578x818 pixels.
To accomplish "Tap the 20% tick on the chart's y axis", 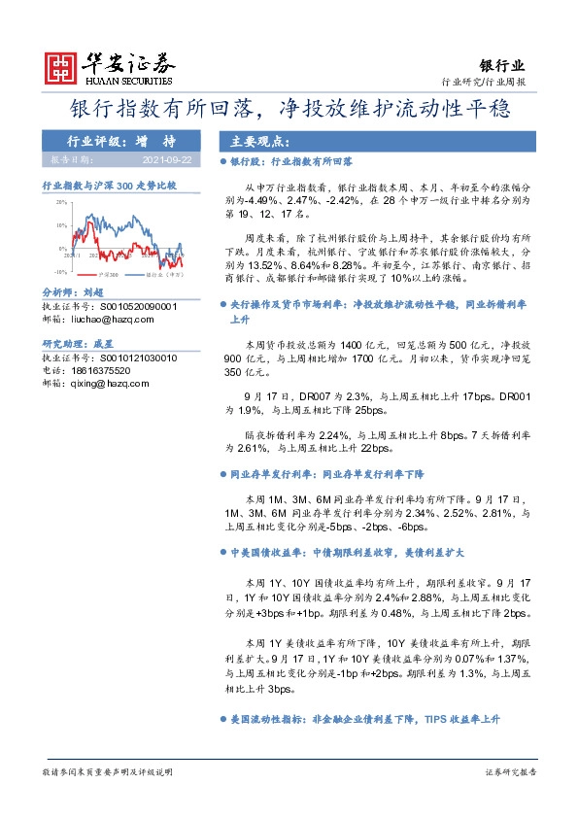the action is point(60,202).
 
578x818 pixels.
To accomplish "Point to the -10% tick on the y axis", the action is point(60,272).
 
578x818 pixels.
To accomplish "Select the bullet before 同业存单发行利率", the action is point(223,474).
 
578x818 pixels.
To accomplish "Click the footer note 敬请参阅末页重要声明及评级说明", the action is point(107,771).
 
